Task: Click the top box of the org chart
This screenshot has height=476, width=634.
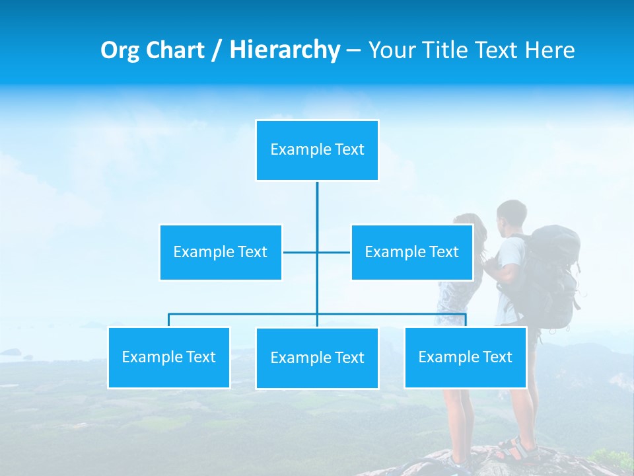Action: click(317, 150)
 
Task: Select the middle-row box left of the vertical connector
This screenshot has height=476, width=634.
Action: click(221, 253)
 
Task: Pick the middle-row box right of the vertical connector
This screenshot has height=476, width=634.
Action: click(411, 253)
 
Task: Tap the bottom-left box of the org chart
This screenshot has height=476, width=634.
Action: click(169, 358)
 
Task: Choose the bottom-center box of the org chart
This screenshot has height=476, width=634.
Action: click(317, 358)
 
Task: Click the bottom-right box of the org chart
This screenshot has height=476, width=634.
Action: click(465, 358)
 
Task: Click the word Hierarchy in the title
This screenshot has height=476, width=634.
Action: click(284, 50)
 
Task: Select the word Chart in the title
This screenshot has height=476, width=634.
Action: click(176, 50)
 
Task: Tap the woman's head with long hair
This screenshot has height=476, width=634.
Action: click(470, 228)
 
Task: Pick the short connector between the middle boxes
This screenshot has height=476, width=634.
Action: click(300, 253)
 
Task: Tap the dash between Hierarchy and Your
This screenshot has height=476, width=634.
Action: click(353, 50)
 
